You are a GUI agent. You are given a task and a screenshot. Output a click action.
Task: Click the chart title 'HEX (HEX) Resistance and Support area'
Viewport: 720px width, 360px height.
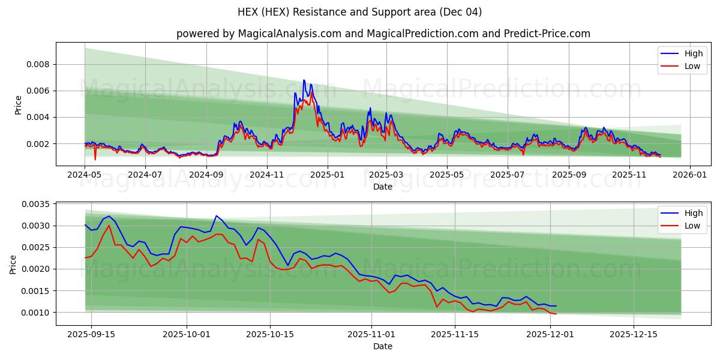click(359, 12)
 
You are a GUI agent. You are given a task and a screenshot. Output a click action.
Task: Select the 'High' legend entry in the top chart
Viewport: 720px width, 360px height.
click(693, 53)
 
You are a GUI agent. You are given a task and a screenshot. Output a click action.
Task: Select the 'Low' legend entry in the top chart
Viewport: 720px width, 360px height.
click(692, 66)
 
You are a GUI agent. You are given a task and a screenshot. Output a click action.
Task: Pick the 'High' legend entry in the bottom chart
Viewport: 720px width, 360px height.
click(693, 213)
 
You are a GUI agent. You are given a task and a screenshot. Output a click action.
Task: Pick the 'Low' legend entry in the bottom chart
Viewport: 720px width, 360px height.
click(692, 226)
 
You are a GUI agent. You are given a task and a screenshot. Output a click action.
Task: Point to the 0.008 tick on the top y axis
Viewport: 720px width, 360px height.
click(37, 64)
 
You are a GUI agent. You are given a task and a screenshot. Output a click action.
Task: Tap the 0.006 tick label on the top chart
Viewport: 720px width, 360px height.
click(37, 91)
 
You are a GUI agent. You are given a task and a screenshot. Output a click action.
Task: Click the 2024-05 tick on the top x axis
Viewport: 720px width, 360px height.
click(85, 175)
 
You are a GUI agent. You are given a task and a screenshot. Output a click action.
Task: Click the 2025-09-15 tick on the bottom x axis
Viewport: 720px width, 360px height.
click(91, 334)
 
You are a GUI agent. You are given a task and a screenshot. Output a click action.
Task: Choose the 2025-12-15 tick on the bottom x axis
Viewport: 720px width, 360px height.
click(634, 334)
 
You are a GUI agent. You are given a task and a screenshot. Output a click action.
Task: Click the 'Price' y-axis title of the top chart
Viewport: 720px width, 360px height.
click(18, 104)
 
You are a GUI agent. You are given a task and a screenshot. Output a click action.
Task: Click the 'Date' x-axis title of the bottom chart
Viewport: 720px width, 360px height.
click(383, 346)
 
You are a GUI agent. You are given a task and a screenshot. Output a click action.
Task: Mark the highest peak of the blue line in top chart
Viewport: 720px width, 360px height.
click(304, 80)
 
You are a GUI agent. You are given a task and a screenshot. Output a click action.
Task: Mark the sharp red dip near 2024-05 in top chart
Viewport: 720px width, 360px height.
click(95, 159)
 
